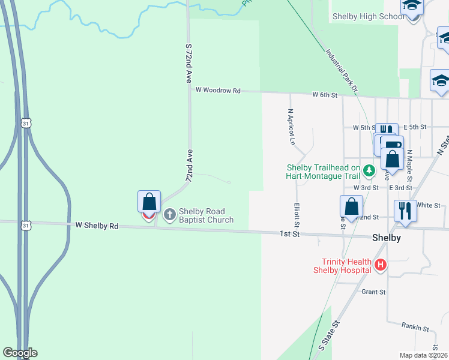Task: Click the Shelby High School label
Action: click(368, 16)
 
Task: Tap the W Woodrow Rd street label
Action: click(218, 91)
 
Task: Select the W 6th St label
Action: click(325, 95)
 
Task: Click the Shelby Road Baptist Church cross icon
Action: click(170, 214)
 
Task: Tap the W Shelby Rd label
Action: click(97, 226)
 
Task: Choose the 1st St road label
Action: click(289, 233)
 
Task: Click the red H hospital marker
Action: click(380, 265)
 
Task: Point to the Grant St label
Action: click(373, 292)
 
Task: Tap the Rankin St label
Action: click(415, 328)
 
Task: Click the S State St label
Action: click(329, 335)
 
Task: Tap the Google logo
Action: click(20, 353)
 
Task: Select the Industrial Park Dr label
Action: click(342, 70)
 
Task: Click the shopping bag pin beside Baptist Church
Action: click(149, 202)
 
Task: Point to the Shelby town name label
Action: click(386, 237)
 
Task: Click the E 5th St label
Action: click(414, 127)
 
